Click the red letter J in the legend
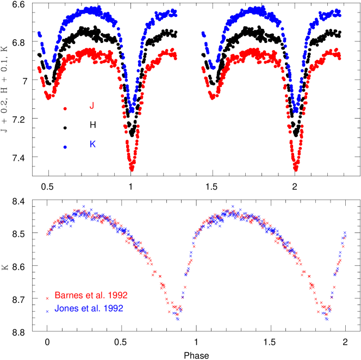coord(91,106)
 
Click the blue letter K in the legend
coord(92,144)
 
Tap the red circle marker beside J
coord(65,109)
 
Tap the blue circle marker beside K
coord(65,147)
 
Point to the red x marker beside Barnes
coord(47,298)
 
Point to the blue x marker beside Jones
coord(47,311)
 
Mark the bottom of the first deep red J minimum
coord(132,169)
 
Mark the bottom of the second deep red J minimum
coord(296,169)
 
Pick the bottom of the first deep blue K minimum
coord(132,111)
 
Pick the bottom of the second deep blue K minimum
coord(296,111)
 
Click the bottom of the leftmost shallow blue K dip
coord(48,68)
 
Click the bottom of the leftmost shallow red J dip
coord(48,98)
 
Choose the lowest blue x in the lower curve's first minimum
coord(177,319)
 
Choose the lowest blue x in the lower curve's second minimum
coord(326,319)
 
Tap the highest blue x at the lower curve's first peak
coord(84,206)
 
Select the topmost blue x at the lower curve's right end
coord(345,233)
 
